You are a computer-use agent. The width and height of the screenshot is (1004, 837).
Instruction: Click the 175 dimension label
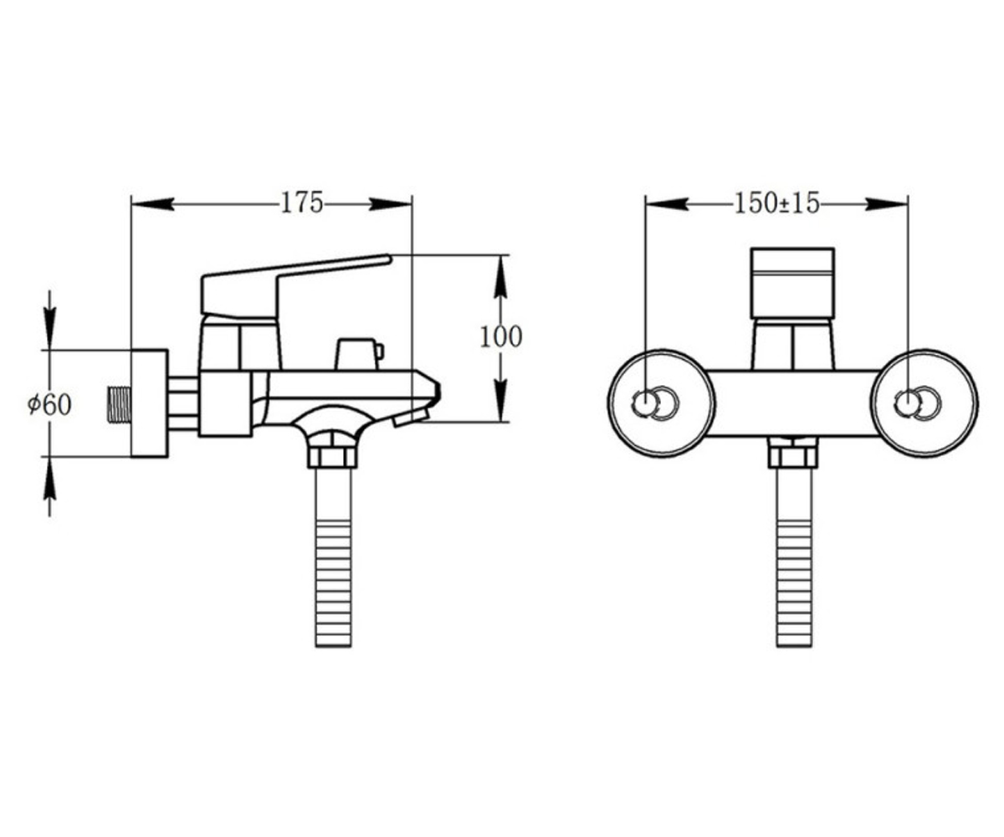(301, 203)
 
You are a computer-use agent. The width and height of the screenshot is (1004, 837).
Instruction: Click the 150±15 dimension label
(776, 203)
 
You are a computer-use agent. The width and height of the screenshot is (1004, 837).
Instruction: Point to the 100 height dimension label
(500, 336)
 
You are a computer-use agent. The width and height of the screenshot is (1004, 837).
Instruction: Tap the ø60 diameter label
(49, 404)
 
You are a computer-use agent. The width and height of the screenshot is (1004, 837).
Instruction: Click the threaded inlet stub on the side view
(120, 405)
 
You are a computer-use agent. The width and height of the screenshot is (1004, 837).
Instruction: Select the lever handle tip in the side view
(388, 259)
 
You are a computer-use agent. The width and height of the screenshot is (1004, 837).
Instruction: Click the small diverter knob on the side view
(359, 355)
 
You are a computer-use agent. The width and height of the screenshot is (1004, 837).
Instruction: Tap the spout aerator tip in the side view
(410, 417)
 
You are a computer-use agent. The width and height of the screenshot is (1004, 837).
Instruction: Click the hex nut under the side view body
(332, 456)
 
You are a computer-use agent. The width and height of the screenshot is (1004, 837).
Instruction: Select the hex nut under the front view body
(793, 456)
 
